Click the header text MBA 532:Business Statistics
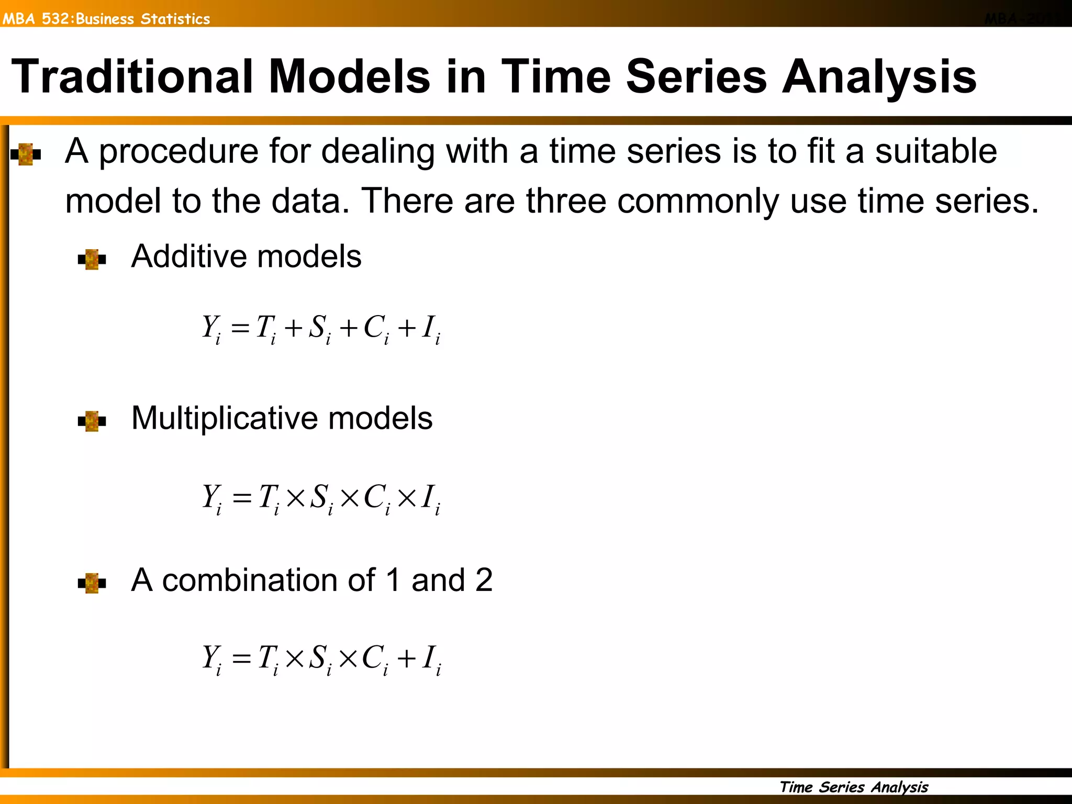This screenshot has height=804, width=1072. click(x=106, y=19)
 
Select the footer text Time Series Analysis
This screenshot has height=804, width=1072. click(x=853, y=787)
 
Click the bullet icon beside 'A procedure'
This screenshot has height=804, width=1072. click(x=26, y=154)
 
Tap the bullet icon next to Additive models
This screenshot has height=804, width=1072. click(x=92, y=259)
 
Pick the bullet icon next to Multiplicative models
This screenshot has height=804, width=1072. click(x=92, y=421)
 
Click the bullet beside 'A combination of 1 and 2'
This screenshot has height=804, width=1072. click(x=92, y=583)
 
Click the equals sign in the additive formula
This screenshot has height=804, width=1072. click(x=240, y=329)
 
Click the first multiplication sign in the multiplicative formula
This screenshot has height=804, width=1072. click(x=296, y=497)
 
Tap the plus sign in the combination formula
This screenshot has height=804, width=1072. click(x=406, y=658)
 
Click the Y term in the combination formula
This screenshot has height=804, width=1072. click(x=211, y=658)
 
